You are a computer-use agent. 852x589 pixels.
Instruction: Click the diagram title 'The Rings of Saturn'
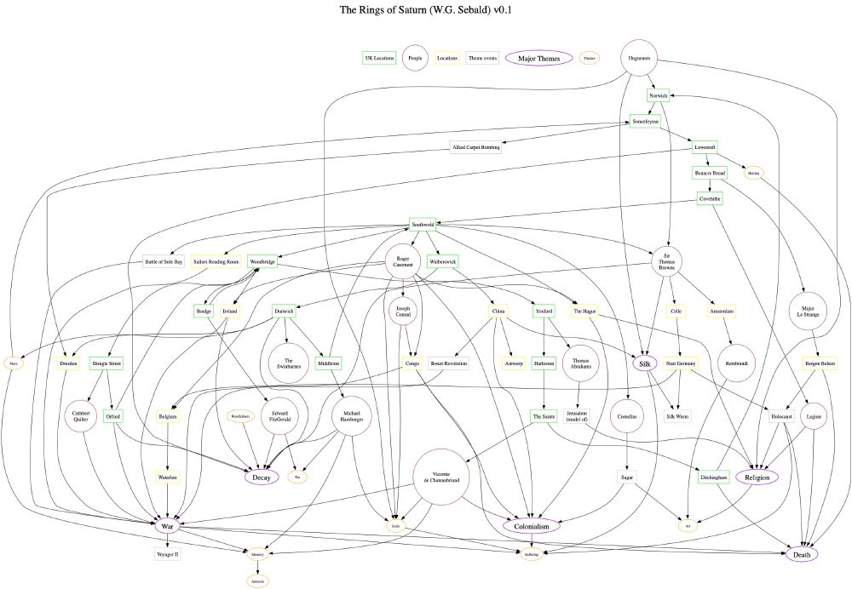[426, 11]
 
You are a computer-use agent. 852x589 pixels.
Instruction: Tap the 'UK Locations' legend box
[378, 58]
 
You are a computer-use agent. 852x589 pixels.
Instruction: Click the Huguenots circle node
[640, 59]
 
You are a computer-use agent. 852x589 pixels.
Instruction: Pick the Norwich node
[658, 96]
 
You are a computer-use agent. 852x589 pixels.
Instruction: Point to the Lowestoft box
[705, 147]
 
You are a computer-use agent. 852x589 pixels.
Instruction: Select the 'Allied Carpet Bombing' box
[475, 147]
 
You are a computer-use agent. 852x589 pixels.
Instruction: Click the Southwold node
[423, 225]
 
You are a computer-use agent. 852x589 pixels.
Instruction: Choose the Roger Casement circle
[404, 263]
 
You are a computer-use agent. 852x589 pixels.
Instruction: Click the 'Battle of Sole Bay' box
[164, 262]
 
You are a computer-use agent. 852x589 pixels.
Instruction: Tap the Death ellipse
[802, 554]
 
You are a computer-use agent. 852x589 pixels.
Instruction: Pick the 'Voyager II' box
[168, 554]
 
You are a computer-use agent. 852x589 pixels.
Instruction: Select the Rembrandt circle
[737, 363]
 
